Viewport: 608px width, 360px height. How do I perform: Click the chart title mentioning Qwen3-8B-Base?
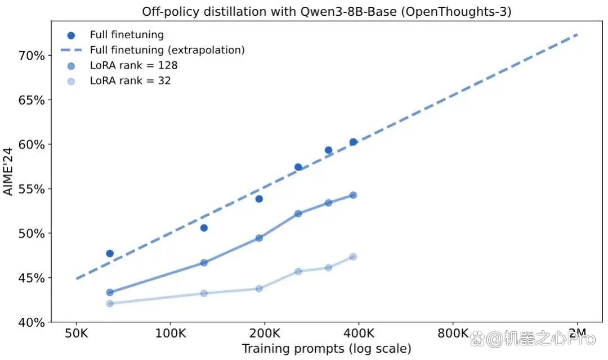327,12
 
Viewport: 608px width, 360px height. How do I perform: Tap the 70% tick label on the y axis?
32,56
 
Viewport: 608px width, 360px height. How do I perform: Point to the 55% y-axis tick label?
32,189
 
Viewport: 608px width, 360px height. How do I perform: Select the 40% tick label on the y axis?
32,322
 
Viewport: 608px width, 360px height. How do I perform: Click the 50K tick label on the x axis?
77,333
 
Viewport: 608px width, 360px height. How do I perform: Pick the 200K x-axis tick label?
265,333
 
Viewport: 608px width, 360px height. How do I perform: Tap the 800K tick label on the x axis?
453,333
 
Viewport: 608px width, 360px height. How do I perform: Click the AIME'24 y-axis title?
8,171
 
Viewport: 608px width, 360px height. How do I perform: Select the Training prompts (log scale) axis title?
327,349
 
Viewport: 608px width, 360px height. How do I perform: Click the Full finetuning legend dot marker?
71,35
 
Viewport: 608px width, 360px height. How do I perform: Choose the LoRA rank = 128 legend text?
134,65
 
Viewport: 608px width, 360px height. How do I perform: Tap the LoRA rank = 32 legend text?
130,80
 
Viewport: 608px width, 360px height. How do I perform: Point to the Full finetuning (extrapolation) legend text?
168,51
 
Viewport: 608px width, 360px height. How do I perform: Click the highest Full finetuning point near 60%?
353,142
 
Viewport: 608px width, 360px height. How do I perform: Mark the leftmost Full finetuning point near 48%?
110,254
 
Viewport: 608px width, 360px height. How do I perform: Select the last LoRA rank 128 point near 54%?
353,195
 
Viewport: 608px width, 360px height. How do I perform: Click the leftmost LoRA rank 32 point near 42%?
110,303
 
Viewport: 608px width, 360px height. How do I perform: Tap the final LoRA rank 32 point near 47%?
353,257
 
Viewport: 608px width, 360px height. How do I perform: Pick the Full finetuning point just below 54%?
259,199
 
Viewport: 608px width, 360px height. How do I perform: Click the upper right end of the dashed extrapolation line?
578,34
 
